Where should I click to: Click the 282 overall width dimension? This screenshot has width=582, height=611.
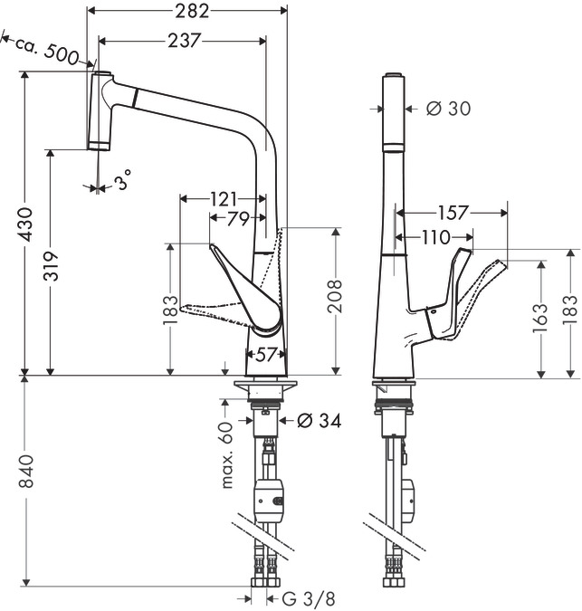point(191,11)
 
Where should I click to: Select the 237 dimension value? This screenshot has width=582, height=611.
point(184,40)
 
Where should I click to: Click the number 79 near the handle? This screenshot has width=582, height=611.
point(237,218)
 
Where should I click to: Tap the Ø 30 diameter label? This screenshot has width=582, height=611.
point(448,109)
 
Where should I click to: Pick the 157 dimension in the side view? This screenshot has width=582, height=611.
point(452,214)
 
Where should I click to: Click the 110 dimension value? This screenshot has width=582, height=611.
point(434,236)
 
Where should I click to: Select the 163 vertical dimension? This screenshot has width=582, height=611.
point(540,315)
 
